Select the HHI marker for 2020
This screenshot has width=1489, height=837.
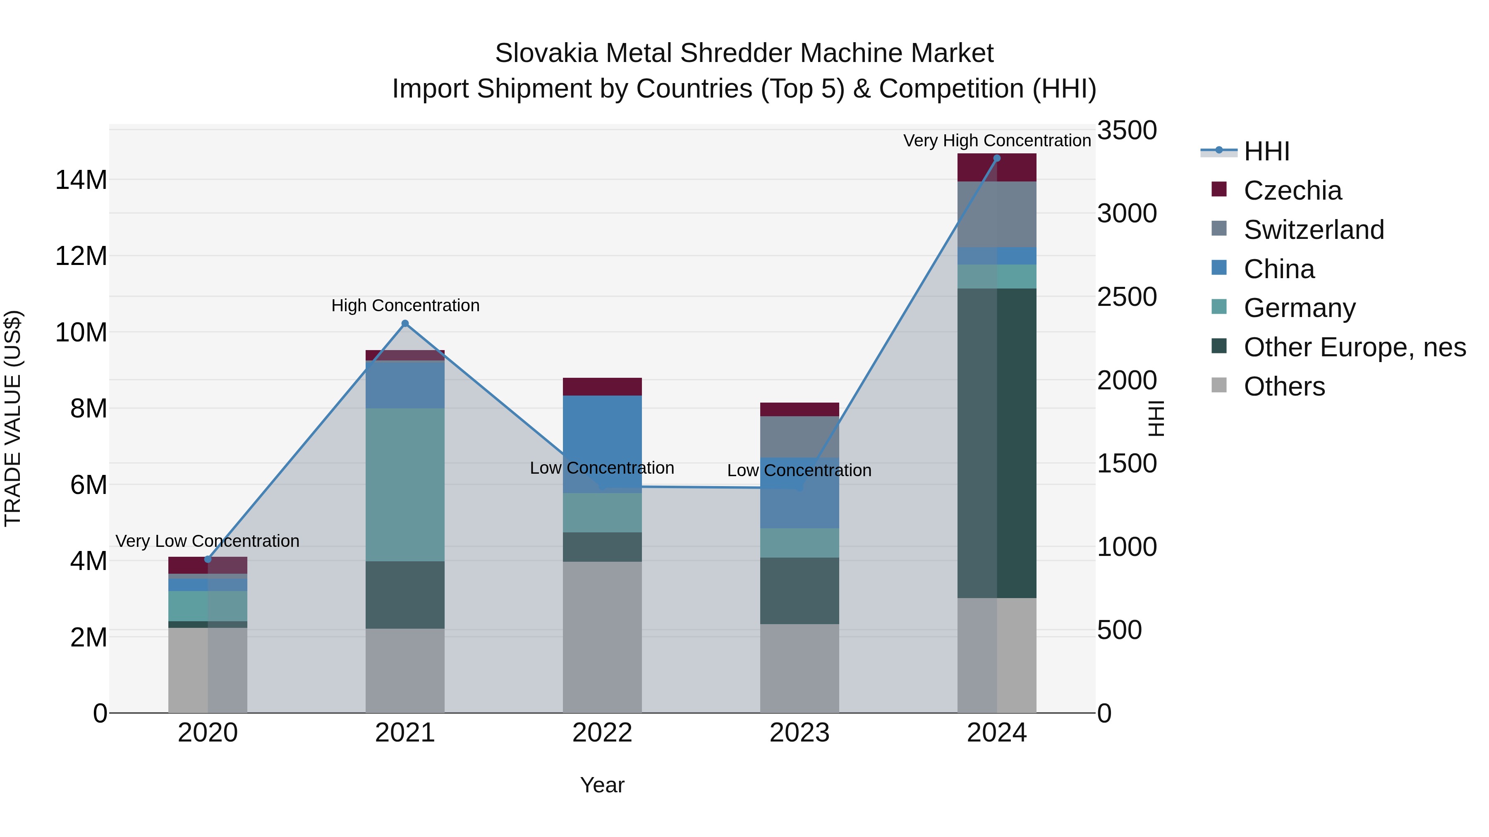point(208,559)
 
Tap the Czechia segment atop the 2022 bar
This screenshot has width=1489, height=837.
point(602,386)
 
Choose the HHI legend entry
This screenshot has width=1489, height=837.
point(1266,151)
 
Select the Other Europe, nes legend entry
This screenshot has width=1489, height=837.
point(1354,347)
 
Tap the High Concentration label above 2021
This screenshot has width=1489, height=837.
point(405,305)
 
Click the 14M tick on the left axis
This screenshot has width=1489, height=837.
point(81,180)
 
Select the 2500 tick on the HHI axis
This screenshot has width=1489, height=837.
point(1127,297)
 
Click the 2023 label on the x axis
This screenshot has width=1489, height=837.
point(800,733)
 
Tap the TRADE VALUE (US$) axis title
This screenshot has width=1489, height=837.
point(13,418)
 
